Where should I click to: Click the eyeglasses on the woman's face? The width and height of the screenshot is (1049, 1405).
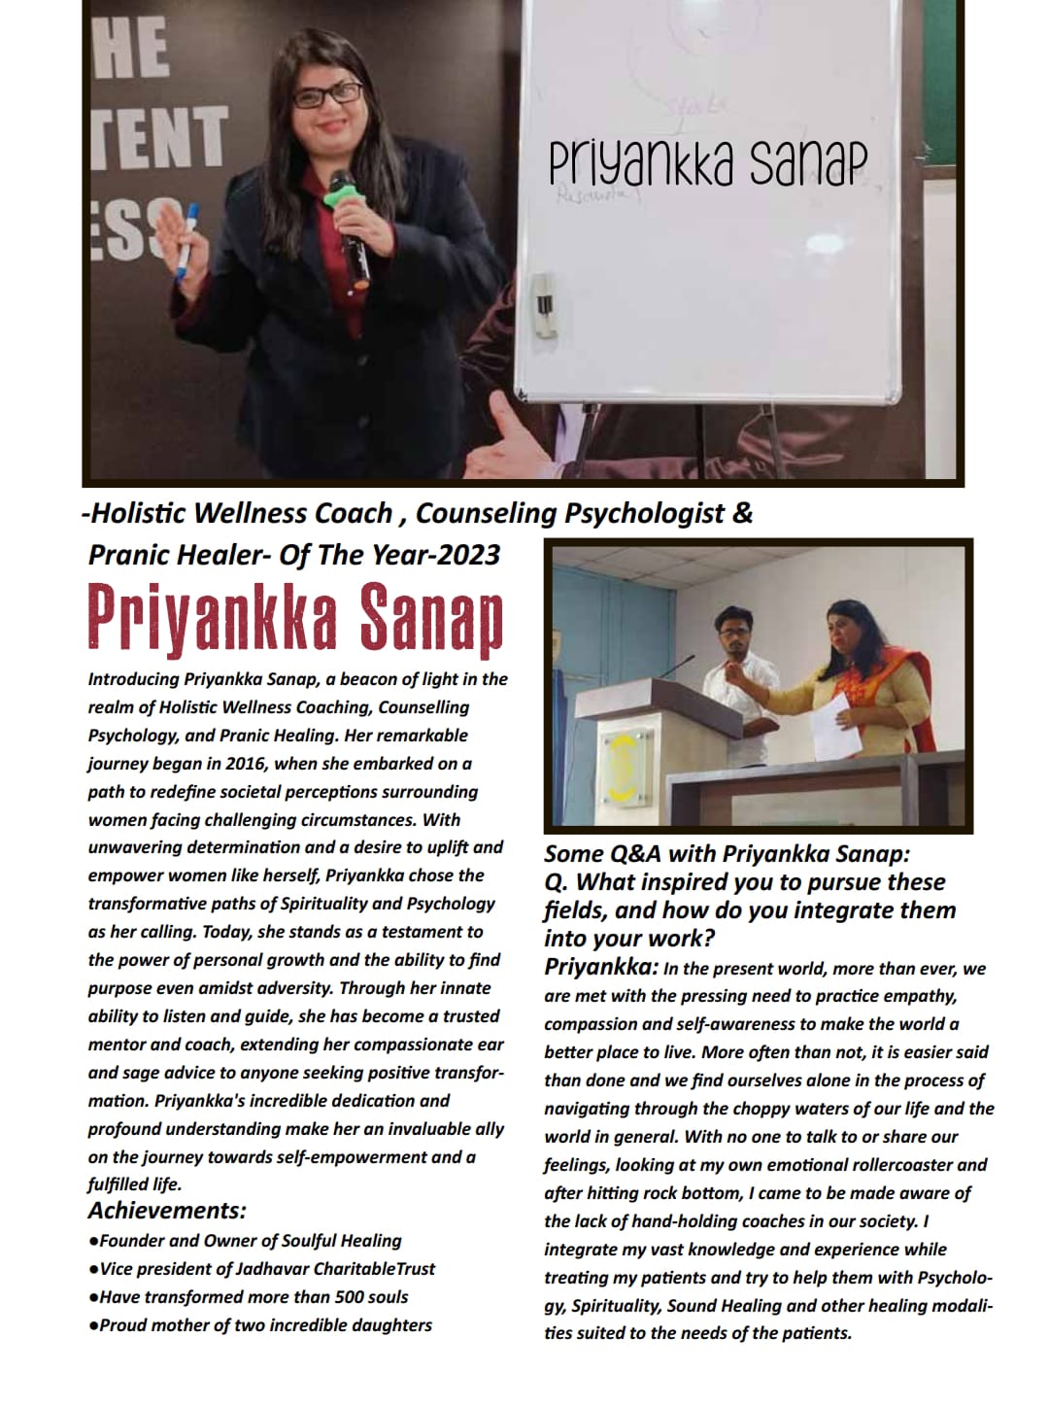pyautogui.click(x=327, y=95)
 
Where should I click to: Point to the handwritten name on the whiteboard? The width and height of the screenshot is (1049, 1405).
pyautogui.click(x=705, y=163)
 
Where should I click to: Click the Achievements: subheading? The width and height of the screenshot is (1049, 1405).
pyautogui.click(x=167, y=1211)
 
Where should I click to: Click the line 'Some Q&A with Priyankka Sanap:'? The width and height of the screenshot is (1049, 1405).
pyautogui.click(x=727, y=854)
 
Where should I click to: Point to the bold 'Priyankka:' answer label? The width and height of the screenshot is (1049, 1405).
pyautogui.click(x=601, y=968)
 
